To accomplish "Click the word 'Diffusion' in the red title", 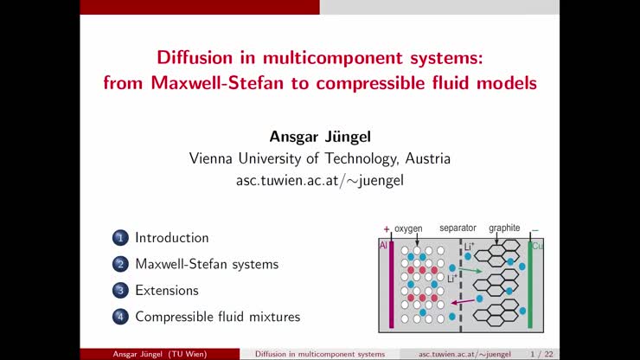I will (x=193, y=59).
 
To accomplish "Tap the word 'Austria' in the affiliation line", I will (x=426, y=158).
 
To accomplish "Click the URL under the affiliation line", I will (x=319, y=181).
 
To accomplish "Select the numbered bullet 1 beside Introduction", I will (x=119, y=238).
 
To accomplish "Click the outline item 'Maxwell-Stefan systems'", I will (x=207, y=264).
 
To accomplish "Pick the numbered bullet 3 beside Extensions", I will (x=119, y=291).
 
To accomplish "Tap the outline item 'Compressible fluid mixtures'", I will (x=217, y=317).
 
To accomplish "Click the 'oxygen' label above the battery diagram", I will (x=408, y=228).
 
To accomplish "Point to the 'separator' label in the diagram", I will (x=458, y=228).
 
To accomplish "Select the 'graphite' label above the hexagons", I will (x=504, y=228).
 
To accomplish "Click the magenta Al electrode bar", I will (x=392, y=286).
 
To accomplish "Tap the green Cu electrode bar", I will (x=529, y=286).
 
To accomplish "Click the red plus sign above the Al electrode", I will (x=387, y=229).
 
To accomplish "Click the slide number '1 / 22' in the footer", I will (x=542, y=354).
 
